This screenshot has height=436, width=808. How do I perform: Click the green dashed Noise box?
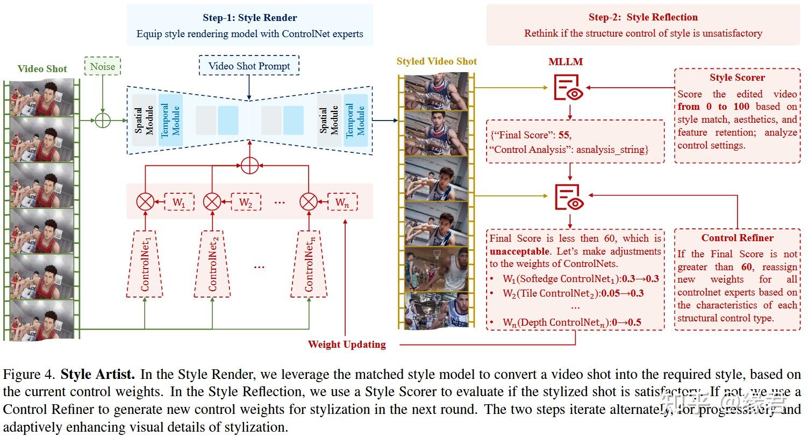click(102, 66)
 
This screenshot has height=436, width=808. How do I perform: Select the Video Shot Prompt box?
click(249, 66)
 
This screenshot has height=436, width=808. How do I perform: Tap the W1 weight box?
click(178, 202)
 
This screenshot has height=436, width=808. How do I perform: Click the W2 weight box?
click(246, 202)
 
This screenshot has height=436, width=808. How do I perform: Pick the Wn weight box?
click(341, 202)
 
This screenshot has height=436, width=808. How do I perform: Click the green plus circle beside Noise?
click(102, 120)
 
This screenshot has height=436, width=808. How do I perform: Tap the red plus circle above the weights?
click(249, 165)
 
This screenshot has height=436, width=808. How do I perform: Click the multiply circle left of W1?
click(145, 202)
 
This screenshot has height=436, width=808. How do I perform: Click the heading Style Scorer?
click(737, 78)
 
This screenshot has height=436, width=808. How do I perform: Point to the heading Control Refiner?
click(737, 238)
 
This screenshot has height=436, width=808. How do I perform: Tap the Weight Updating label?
click(347, 344)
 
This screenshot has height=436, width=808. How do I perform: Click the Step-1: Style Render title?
click(249, 18)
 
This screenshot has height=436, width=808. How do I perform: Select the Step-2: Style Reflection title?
click(643, 17)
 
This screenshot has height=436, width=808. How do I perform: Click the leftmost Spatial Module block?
click(144, 120)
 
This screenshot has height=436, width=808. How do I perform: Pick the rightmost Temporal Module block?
click(355, 120)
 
